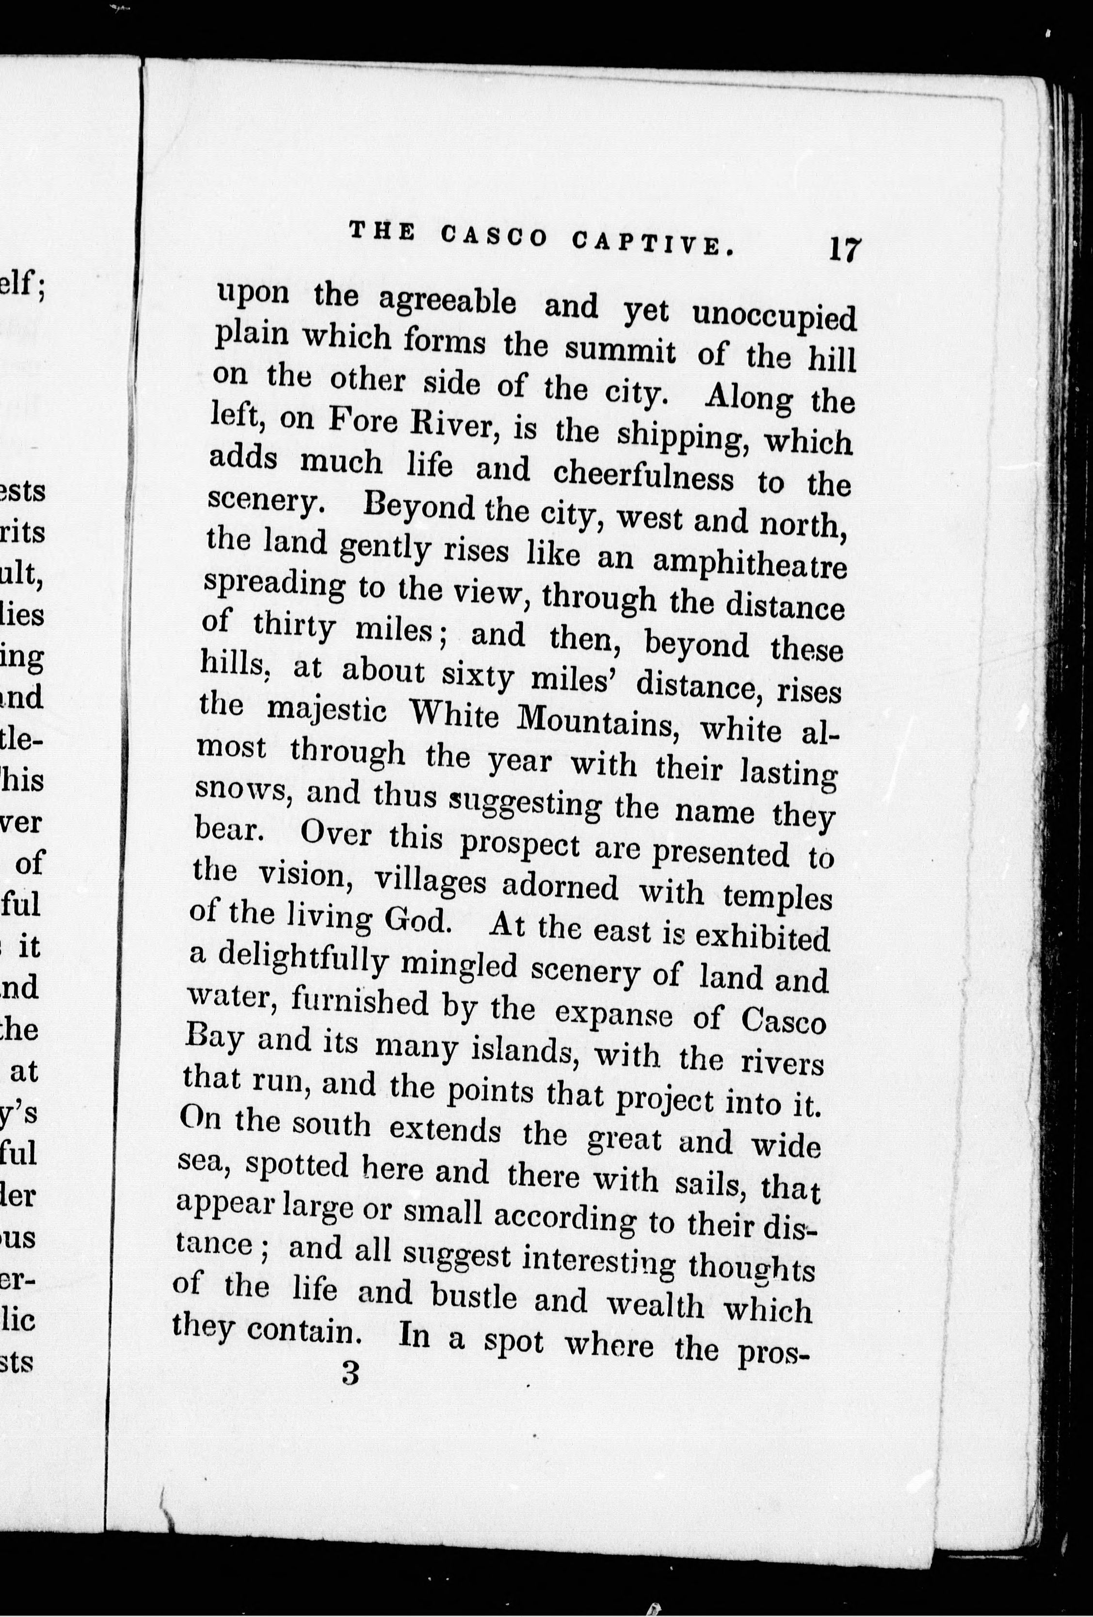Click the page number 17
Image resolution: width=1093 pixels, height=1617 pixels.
844,248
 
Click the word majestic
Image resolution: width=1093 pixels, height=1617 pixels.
326,711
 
